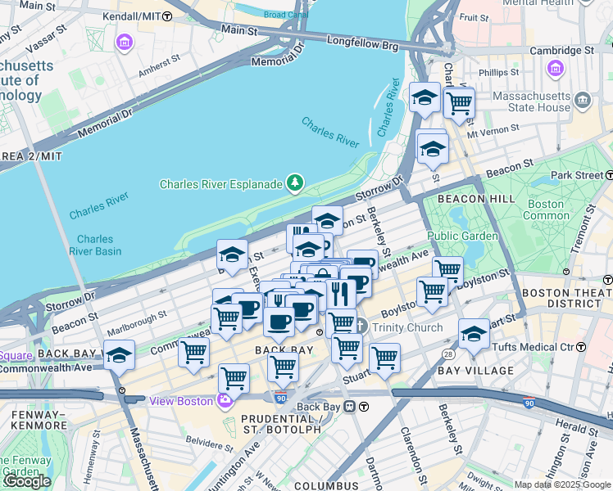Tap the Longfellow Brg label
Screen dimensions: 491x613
[x=362, y=39]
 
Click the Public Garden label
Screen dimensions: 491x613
[x=462, y=236]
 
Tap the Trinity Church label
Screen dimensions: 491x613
[x=407, y=327]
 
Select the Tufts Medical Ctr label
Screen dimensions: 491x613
[x=538, y=347]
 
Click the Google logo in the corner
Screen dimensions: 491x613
[x=27, y=481]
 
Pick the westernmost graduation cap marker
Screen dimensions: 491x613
[x=120, y=355]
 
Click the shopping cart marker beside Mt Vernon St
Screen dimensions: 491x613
[x=459, y=103]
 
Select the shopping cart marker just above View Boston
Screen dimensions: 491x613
[x=234, y=379]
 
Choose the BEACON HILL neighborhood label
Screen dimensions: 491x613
[x=476, y=199]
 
